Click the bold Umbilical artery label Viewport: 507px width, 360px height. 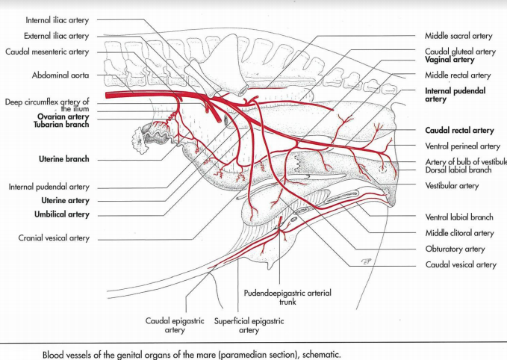(64, 214)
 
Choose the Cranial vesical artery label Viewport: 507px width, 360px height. (54, 238)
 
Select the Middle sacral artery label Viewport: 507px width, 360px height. (458, 35)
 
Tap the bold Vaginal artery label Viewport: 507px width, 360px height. (450, 59)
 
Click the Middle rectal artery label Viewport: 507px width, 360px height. (458, 75)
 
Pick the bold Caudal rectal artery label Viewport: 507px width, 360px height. (459, 131)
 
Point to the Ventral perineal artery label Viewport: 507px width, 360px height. (462, 146)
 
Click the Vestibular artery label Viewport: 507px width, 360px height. (452, 186)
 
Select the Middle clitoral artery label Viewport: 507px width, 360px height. (459, 233)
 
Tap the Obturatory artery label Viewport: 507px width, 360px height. (455, 249)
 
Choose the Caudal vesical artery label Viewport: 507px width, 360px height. (461, 264)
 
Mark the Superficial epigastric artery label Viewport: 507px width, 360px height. (249, 325)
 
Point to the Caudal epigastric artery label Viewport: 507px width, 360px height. (175, 325)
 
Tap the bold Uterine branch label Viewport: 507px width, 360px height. (63, 159)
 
